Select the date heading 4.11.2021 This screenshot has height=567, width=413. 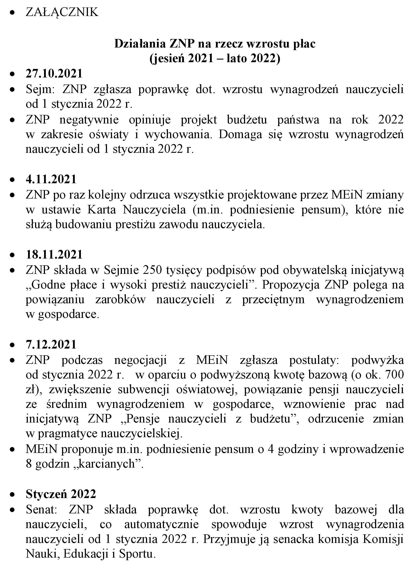tap(51, 179)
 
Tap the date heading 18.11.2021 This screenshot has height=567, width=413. tap(54, 255)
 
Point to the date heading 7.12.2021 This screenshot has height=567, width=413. tap(51, 345)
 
